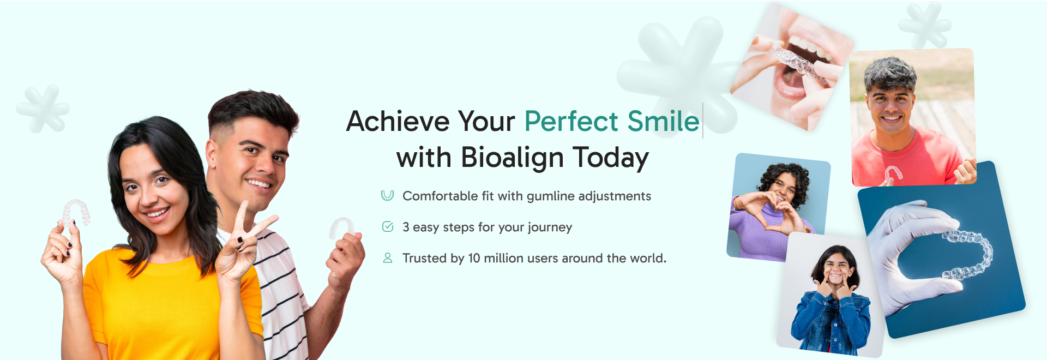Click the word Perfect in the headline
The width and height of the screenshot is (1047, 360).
click(x=571, y=121)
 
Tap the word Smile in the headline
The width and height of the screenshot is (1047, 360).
click(x=663, y=121)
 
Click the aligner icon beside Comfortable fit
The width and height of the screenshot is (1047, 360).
click(x=387, y=195)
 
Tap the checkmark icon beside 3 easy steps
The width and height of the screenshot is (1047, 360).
click(x=388, y=227)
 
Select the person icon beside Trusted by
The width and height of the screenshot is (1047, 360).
click(x=388, y=258)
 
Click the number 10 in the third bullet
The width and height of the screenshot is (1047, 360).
click(x=474, y=258)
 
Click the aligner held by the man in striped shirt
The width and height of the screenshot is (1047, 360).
click(x=341, y=227)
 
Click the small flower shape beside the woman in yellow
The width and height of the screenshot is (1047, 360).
click(x=43, y=109)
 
